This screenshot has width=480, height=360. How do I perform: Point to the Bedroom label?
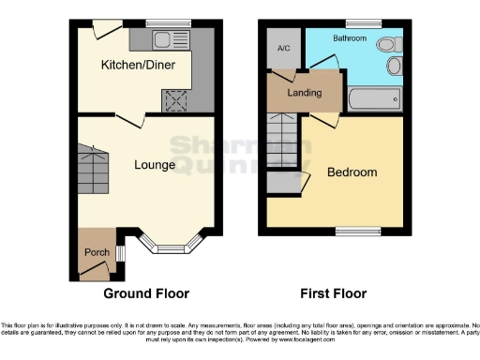[x=352, y=172]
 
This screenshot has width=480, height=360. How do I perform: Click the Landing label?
[x=305, y=93]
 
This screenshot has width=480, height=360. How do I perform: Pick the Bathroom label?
[x=348, y=38]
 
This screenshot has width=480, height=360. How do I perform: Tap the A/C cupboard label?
[x=282, y=47]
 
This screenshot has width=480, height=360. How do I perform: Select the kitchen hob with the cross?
[x=174, y=99]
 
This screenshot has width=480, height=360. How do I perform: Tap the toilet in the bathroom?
[x=387, y=45]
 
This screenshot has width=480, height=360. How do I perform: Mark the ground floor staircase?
[x=92, y=168]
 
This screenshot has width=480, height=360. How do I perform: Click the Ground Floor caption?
[x=145, y=292]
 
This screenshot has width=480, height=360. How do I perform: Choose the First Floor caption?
[x=333, y=292]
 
